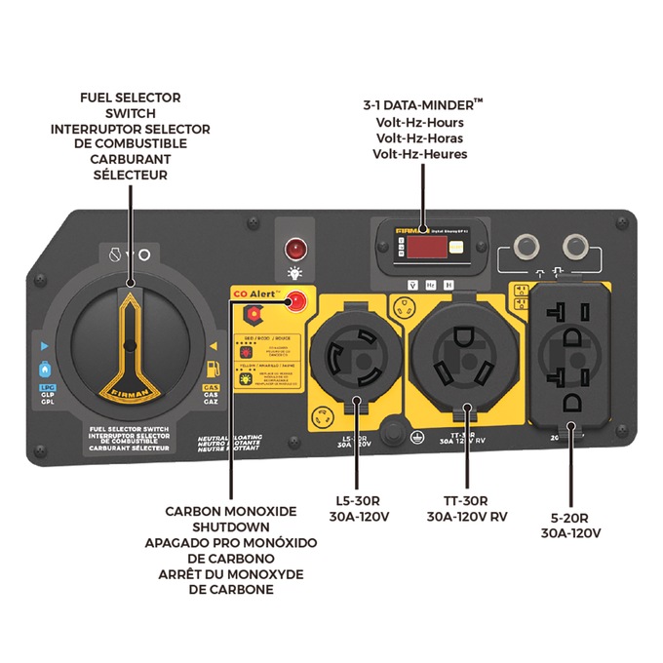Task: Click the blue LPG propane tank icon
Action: point(43,370)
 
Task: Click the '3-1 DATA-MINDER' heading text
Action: point(419,106)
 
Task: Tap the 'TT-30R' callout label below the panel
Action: point(465,500)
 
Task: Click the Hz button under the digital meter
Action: point(427,285)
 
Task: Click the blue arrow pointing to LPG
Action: point(43,345)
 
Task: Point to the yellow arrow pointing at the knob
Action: point(213,345)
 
